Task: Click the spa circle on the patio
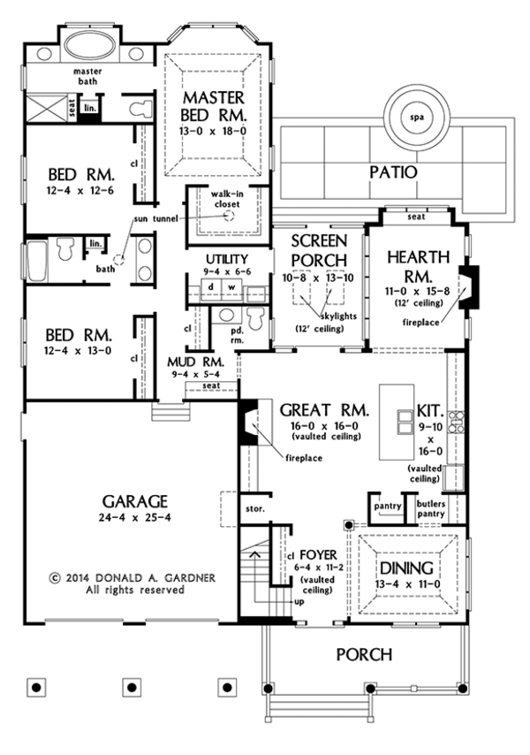[416, 117]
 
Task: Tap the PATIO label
[393, 172]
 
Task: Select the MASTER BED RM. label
[214, 106]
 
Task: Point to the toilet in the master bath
[141, 108]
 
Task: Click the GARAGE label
[134, 501]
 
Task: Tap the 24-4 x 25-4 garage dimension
[136, 517]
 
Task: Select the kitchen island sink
[405, 422]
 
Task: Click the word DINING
[406, 568]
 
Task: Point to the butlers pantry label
[431, 508]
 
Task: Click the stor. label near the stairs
[255, 508]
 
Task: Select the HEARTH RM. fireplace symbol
[469, 287]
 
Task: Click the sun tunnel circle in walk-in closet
[230, 217]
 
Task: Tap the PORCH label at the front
[364, 654]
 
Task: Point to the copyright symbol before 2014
[55, 578]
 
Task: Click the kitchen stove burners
[456, 422]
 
